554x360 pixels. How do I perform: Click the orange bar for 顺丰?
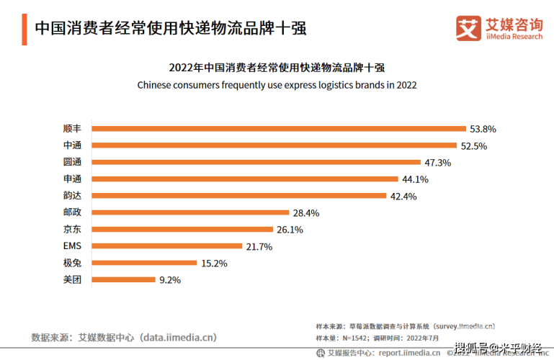coord(279,129)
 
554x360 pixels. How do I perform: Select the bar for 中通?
coord(274,145)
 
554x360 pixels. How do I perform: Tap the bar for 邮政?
coord(189,212)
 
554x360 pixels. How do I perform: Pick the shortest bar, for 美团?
coord(122,279)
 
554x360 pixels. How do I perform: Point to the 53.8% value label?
coord(483,129)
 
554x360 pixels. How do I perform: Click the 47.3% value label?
coord(437,163)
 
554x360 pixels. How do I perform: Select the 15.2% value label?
coord(214,263)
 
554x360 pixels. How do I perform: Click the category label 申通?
coord(72,179)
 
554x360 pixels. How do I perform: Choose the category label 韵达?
coord(72,196)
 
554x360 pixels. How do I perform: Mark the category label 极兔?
coord(72,263)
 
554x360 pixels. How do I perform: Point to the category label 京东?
coord(72,230)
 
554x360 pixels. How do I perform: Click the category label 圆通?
coord(72,163)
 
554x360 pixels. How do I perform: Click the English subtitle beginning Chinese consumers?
coord(277,84)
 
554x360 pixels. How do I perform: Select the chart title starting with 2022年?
coord(277,68)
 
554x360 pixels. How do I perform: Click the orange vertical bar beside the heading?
coord(24,29)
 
